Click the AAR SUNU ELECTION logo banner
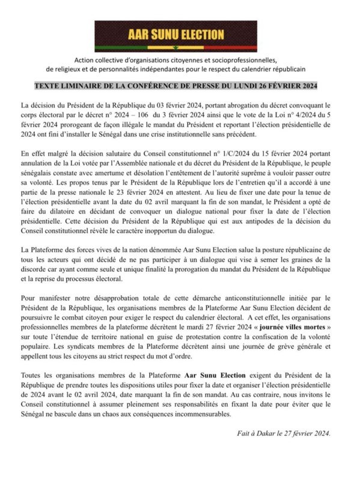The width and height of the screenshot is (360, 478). coord(180,35)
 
